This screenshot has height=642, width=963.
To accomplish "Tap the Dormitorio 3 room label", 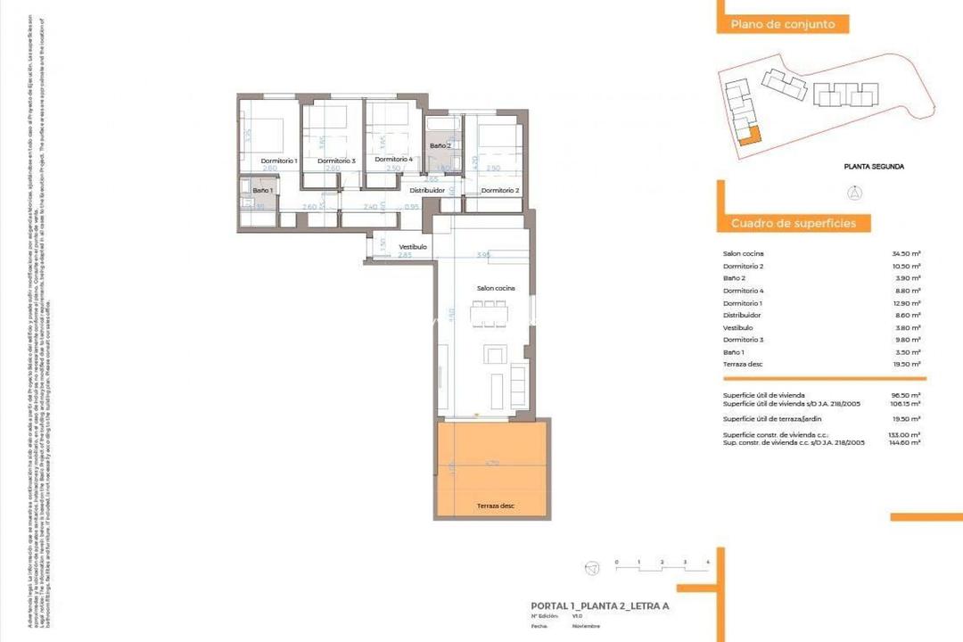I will pyautogui.click(x=337, y=160).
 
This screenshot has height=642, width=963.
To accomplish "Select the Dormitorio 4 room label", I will pyautogui.click(x=393, y=160).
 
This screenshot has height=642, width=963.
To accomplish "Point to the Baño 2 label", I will pyautogui.click(x=440, y=145).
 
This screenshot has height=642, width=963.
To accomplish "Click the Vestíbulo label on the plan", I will pyautogui.click(x=412, y=247).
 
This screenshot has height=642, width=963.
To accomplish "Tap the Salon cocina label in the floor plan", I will pyautogui.click(x=496, y=288).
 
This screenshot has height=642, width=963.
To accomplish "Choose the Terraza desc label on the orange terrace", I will pyautogui.click(x=495, y=506).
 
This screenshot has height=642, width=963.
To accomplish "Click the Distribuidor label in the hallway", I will pyautogui.click(x=427, y=190).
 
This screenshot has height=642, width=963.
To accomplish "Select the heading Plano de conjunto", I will pyautogui.click(x=783, y=25).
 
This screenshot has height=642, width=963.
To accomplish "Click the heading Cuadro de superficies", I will pyautogui.click(x=794, y=223).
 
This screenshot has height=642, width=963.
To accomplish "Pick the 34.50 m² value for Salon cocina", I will pyautogui.click(x=906, y=254).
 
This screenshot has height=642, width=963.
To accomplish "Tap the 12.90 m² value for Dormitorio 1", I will pyautogui.click(x=906, y=303).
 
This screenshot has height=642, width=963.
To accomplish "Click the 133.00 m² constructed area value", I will pyautogui.click(x=906, y=434).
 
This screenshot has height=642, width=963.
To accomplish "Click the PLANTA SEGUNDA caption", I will pyautogui.click(x=874, y=166).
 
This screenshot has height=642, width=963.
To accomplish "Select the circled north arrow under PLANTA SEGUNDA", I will pyautogui.click(x=854, y=191).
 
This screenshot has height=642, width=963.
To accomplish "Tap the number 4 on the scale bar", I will pyautogui.click(x=707, y=562).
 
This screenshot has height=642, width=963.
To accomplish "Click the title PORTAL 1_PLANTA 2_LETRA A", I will pyautogui.click(x=599, y=606).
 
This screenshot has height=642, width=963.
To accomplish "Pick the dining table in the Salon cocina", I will pyautogui.click(x=489, y=315).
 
